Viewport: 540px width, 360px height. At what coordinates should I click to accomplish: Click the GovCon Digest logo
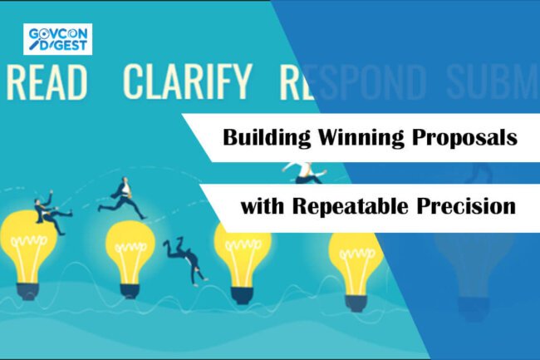tap(58, 38)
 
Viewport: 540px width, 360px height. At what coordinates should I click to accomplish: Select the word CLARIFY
tap(187, 81)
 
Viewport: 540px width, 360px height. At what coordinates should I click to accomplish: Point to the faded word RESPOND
tap(356, 81)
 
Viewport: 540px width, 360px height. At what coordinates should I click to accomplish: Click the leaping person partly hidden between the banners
tap(302, 170)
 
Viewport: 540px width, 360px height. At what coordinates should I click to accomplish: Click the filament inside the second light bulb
tap(130, 249)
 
